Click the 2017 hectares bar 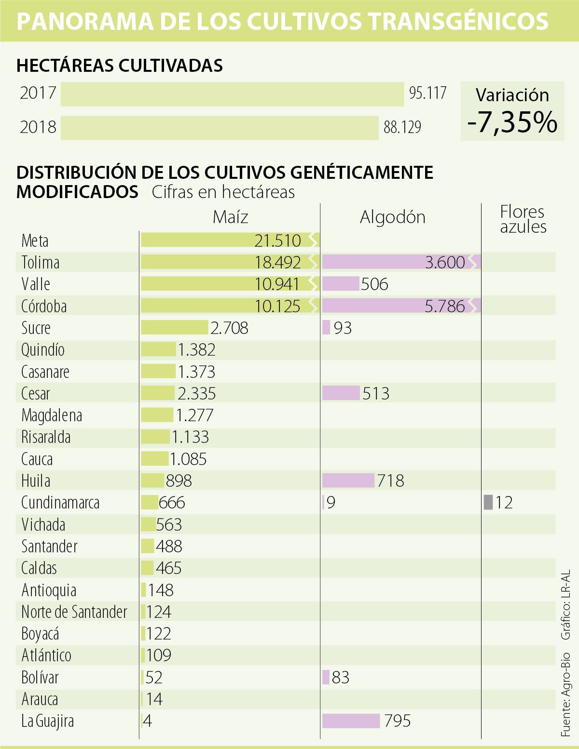[x=232, y=94]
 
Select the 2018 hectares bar [x=220, y=128]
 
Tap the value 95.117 [x=427, y=93]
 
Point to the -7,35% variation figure [x=512, y=122]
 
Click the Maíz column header [x=231, y=217]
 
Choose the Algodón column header [x=393, y=217]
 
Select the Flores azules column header [x=523, y=219]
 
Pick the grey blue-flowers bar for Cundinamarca [x=488, y=502]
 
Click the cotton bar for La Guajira [x=351, y=721]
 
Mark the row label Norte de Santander [x=74, y=612]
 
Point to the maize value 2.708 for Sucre [x=229, y=328]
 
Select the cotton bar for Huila [x=348, y=481]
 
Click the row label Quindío [x=43, y=349]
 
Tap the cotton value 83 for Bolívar [x=340, y=678]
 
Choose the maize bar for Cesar [x=158, y=393]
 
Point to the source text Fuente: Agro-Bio [x=566, y=695]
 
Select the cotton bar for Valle [x=341, y=284]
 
